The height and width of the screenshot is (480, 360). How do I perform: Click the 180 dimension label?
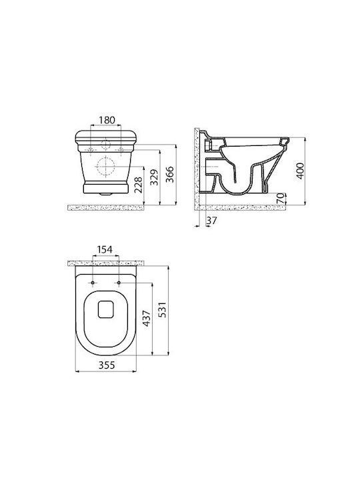pos(107,120)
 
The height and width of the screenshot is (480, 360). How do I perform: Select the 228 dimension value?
pos(139,185)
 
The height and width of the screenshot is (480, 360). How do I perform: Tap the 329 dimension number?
pos(155,177)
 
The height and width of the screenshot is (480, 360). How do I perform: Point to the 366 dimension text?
pos(169,175)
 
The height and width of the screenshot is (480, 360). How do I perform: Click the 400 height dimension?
pos(301,171)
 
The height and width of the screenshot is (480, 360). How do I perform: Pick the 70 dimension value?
pos(281,199)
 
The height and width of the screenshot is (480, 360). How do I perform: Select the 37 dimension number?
pos(211,221)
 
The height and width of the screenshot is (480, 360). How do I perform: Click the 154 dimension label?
pos(105,249)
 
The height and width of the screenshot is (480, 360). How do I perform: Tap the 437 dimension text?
pos(146,319)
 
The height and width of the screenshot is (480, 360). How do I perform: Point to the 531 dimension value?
pos(162,309)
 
